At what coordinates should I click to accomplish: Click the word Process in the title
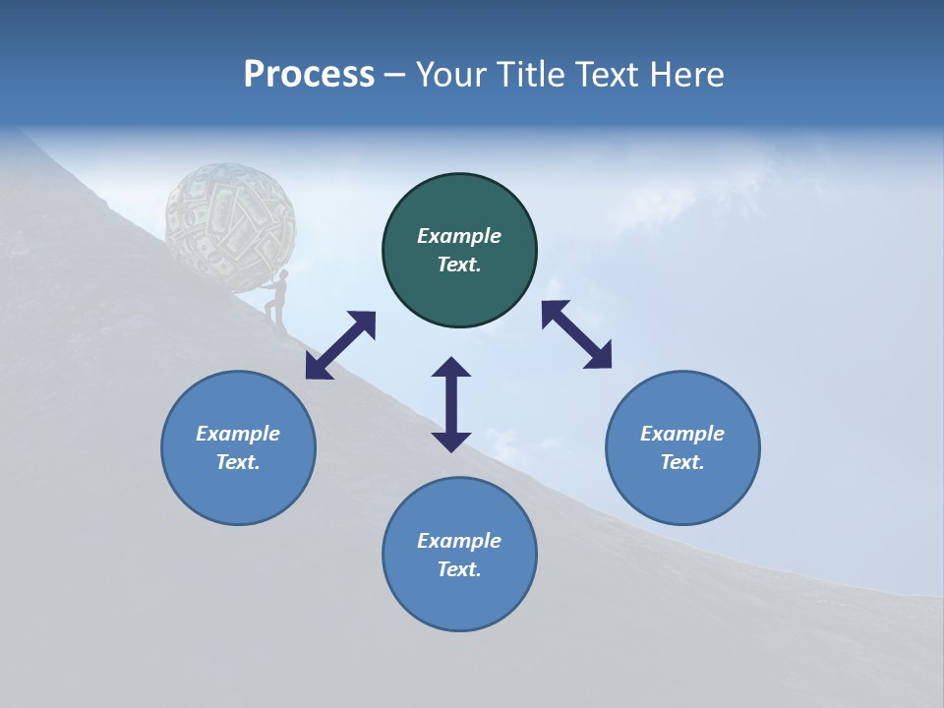coord(309,75)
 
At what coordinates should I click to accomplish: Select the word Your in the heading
coord(451,75)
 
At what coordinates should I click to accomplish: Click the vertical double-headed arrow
coord(451,404)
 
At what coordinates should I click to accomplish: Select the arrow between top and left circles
coord(340,345)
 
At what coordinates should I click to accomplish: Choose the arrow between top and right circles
coord(577,334)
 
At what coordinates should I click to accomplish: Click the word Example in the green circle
coord(459,236)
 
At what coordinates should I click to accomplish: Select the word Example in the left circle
coord(238,434)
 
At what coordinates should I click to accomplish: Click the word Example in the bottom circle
coord(459,541)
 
